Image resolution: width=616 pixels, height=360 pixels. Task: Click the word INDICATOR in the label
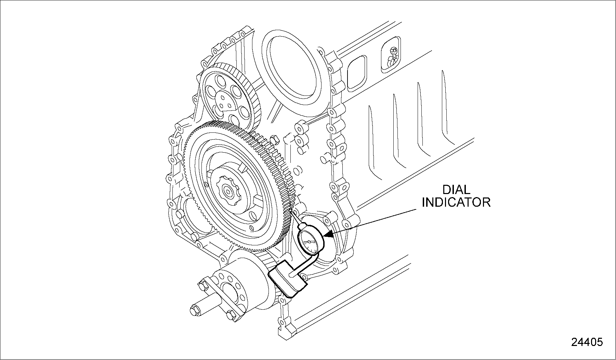pos(456,202)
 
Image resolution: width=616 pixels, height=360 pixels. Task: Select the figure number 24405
pos(587,342)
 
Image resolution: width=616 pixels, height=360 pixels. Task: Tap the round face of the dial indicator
pos(310,242)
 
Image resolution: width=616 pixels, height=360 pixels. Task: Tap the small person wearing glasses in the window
pos(392,57)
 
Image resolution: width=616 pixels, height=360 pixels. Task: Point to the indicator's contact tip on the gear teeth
pos(291,213)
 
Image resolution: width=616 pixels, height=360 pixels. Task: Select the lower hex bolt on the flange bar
pos(232,316)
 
